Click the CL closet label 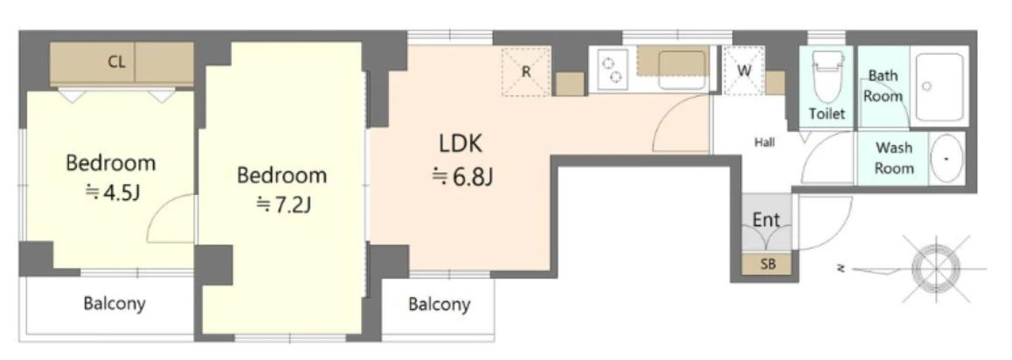[x=117, y=63]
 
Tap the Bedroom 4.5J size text [x=113, y=191]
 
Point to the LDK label [x=461, y=143]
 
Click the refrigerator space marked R [x=526, y=71]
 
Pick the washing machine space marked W [x=744, y=71]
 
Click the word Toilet [x=827, y=114]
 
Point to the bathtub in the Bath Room [x=940, y=87]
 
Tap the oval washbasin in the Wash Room [x=947, y=159]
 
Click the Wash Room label [x=894, y=158]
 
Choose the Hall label [x=765, y=142]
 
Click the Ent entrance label [x=766, y=220]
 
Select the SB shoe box [x=767, y=264]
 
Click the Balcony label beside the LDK [x=440, y=304]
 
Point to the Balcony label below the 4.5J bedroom [x=114, y=302]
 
